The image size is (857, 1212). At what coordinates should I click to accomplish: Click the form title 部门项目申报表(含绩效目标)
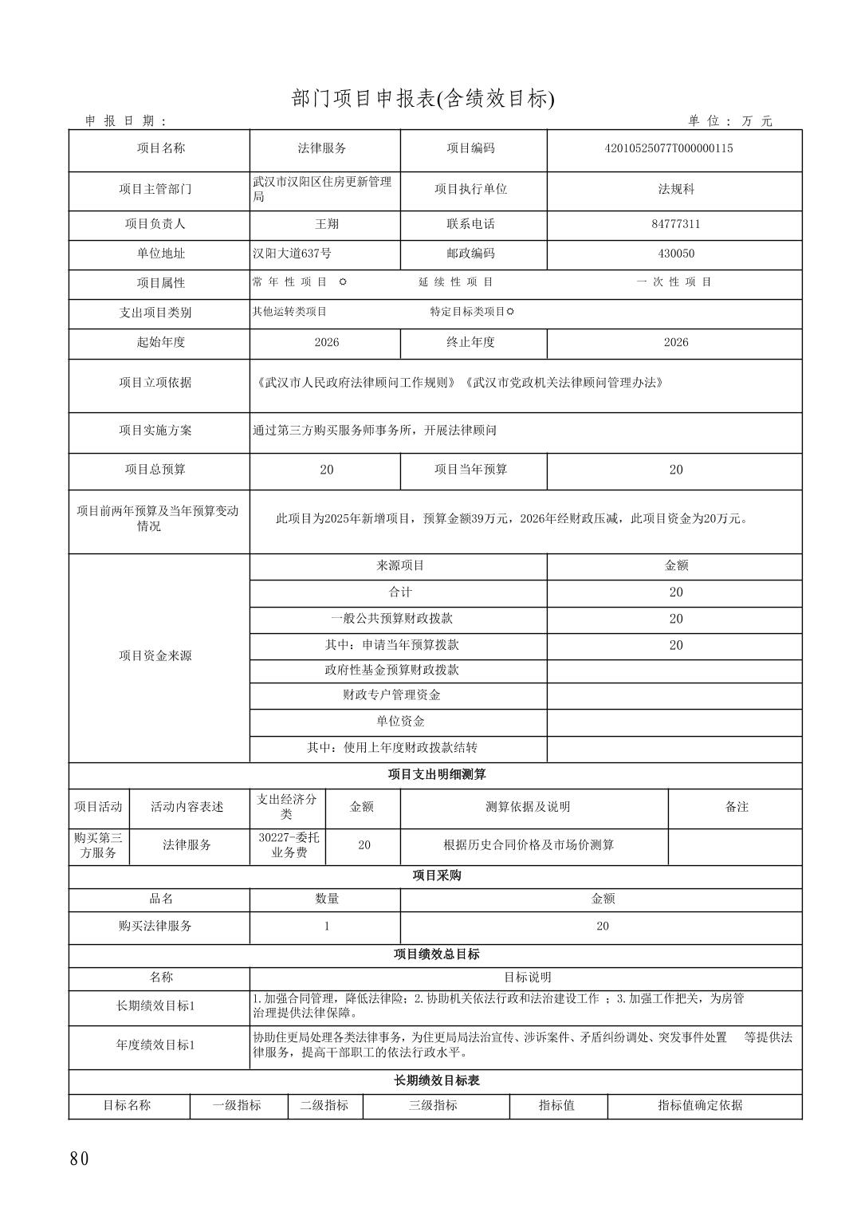(x=423, y=99)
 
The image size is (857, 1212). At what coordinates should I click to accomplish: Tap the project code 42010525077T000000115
(x=675, y=148)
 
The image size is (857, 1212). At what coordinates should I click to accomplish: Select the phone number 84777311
(x=675, y=224)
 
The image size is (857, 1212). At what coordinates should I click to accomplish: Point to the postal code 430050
(x=675, y=254)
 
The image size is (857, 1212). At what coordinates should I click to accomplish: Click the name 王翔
(x=326, y=224)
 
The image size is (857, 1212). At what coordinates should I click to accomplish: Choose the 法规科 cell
(x=675, y=190)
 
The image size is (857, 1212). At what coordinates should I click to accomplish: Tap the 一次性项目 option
(x=674, y=282)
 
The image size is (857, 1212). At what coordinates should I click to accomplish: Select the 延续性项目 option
(x=456, y=282)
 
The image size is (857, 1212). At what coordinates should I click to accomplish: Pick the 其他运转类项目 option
(x=289, y=312)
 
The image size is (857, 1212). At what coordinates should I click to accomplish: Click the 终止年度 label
(x=470, y=342)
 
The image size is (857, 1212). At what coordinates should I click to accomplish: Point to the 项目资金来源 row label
(x=155, y=655)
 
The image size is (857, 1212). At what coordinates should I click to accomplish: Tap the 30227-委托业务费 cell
(x=289, y=845)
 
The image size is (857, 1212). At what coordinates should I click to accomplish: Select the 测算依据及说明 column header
(x=528, y=807)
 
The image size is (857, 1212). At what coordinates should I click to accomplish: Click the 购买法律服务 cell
(x=155, y=926)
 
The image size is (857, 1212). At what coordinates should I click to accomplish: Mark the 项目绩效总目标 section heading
(x=436, y=954)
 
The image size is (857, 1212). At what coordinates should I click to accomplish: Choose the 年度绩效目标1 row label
(x=155, y=1045)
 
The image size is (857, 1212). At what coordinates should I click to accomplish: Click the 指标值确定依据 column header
(x=700, y=1105)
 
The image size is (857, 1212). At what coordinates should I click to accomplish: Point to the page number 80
(x=80, y=1159)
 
